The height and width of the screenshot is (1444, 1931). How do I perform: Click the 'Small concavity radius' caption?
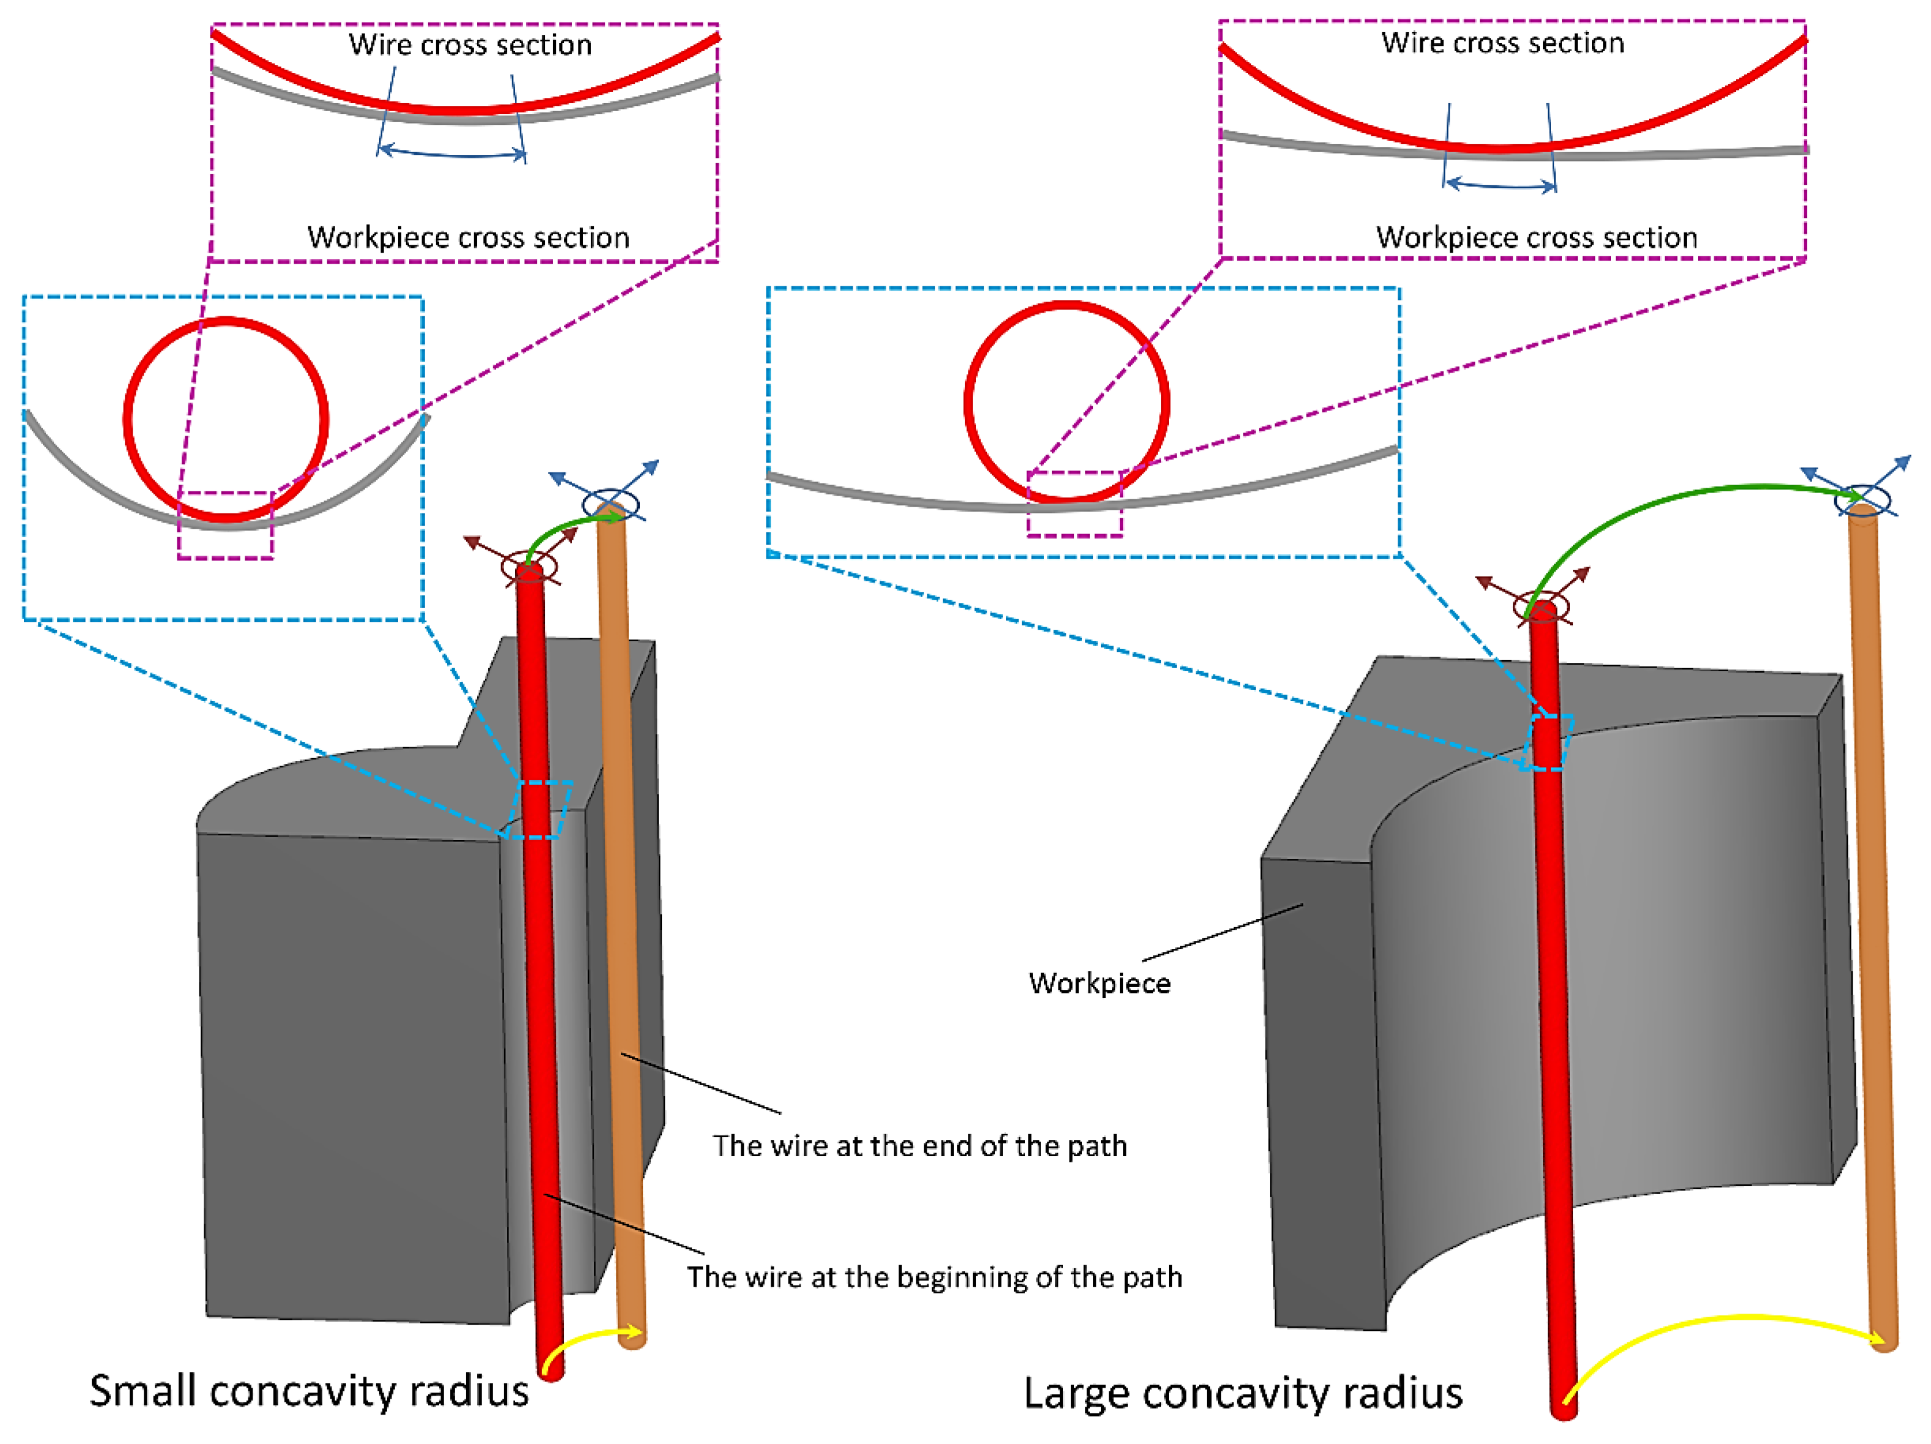point(309,1391)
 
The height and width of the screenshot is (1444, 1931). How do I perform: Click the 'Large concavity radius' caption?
point(1242,1393)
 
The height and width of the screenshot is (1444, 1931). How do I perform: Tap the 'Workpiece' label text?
point(1099,984)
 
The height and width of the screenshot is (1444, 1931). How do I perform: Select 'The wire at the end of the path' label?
point(919,1146)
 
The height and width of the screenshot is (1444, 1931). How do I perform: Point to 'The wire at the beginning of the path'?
point(934,1277)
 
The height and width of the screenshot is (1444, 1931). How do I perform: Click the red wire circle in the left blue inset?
point(127,419)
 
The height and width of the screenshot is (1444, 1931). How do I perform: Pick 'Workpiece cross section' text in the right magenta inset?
point(1536,237)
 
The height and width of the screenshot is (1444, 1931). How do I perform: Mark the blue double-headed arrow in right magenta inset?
point(1500,185)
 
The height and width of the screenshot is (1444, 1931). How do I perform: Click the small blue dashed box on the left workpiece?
point(539,809)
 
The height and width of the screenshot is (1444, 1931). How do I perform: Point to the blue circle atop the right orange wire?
point(1864,501)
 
